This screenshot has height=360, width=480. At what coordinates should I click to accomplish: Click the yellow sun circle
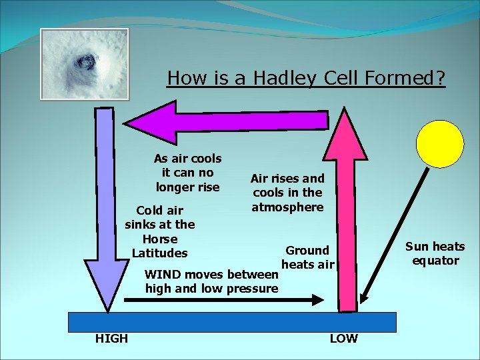(x=439, y=144)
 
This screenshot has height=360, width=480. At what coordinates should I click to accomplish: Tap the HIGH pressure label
(x=111, y=339)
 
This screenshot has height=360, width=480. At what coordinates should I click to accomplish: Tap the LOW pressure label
(x=344, y=339)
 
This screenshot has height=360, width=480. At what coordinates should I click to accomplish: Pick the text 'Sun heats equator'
(x=435, y=253)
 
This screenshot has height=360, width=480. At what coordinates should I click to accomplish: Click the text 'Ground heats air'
(x=307, y=257)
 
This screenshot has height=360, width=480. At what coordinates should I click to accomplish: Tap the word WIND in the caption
(x=163, y=275)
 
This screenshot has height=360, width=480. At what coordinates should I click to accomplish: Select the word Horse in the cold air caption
(x=160, y=239)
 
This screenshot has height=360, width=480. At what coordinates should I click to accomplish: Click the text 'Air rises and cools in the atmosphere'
(x=287, y=193)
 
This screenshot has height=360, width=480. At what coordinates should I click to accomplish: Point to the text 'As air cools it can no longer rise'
(x=187, y=173)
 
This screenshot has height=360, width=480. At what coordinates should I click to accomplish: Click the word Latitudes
(x=160, y=253)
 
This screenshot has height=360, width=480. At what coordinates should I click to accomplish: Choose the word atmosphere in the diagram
(x=287, y=207)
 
